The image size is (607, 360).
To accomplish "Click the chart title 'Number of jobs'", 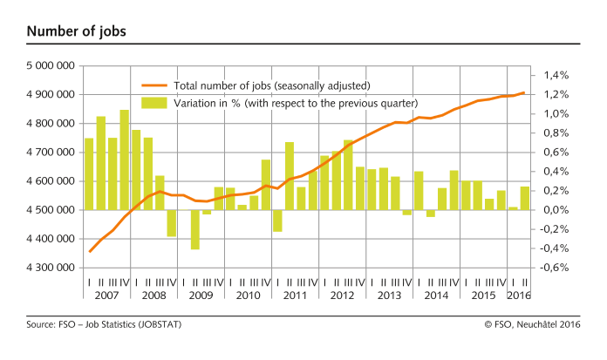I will click(76, 32).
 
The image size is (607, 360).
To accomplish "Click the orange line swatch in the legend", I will click(154, 85).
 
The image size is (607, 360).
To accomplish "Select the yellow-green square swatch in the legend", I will click(154, 103).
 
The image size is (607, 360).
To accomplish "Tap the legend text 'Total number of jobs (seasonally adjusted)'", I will click(272, 85).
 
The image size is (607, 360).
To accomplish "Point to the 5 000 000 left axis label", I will click(51, 65).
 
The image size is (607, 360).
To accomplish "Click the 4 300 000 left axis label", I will click(51, 268).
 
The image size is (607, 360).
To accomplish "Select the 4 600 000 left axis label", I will click(51, 181).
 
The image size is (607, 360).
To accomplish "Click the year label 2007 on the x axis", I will click(106, 295).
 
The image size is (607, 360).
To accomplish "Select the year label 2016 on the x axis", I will click(518, 295).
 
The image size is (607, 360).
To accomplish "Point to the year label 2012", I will click(341, 295).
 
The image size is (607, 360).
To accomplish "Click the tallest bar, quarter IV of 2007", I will click(125, 160).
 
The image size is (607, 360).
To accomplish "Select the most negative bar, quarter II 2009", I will click(195, 229).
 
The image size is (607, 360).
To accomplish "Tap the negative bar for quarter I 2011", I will click(277, 221).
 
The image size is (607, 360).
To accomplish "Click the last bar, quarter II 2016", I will click(524, 198).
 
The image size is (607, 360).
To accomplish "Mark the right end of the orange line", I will click(524, 92).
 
